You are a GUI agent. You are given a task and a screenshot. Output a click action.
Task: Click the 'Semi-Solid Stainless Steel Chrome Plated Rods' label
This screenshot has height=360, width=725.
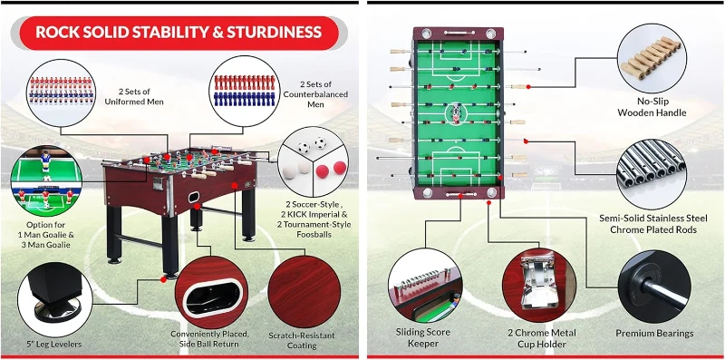[x=659, y=223]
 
